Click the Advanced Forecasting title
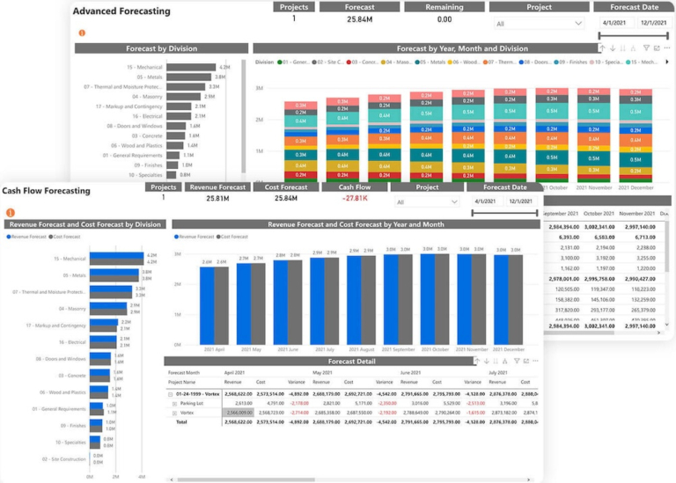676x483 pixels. pos(109,11)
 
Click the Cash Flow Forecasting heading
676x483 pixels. pos(46,191)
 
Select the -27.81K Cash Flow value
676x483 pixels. pos(354,199)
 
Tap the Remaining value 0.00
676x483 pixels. pos(445,19)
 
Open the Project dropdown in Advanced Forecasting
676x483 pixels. pos(540,24)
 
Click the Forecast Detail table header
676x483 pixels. pos(352,362)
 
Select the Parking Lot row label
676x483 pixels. pos(193,403)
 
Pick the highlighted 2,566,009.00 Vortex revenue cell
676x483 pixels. pos(239,412)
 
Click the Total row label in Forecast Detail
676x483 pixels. pos(182,421)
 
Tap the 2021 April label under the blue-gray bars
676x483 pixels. pos(214,349)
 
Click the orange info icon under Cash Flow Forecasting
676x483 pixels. pos(11,213)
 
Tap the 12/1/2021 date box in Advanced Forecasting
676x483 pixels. pos(652,24)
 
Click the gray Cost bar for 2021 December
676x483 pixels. pos(516,299)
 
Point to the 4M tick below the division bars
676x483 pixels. pos(141,476)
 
